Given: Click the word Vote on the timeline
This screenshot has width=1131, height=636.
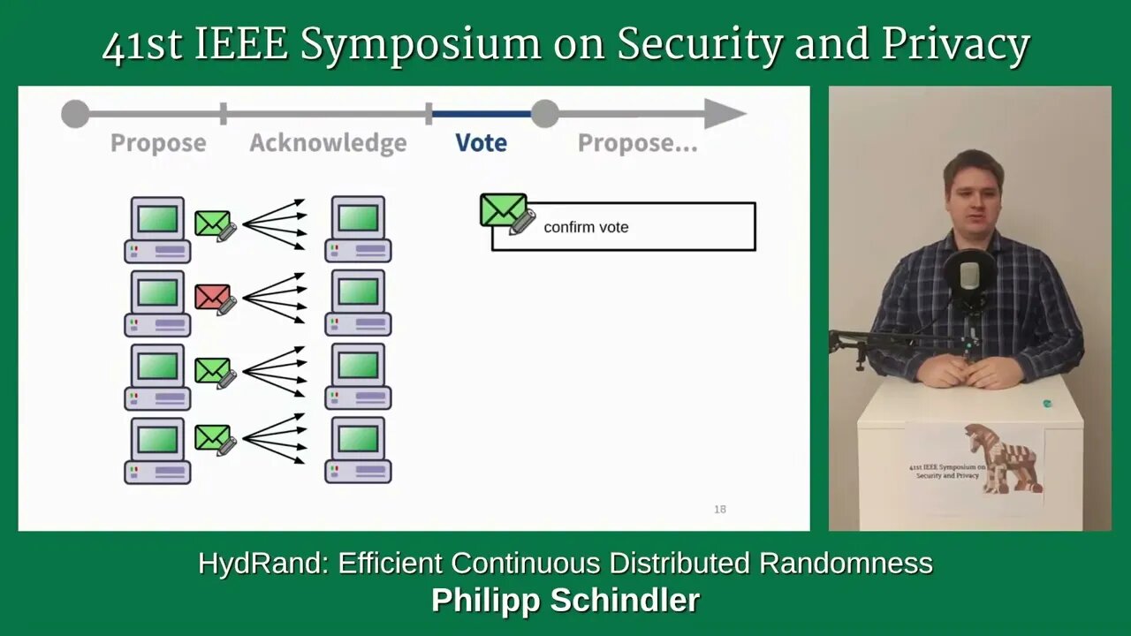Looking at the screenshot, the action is pyautogui.click(x=482, y=143).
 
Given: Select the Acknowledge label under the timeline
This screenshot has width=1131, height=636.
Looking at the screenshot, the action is pyautogui.click(x=328, y=143).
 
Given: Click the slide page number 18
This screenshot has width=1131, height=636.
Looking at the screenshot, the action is pyautogui.click(x=720, y=510).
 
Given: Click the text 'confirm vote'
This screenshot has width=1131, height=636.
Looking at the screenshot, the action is pyautogui.click(x=586, y=227).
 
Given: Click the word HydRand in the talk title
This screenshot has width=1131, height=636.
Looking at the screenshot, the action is pyautogui.click(x=262, y=563).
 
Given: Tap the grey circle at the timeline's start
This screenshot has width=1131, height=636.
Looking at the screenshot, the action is pyautogui.click(x=75, y=114).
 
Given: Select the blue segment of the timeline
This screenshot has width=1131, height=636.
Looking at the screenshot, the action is pyautogui.click(x=482, y=114).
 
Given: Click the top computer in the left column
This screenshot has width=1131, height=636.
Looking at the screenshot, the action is pyautogui.click(x=157, y=230).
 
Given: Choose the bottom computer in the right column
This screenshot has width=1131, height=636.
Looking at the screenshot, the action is pyautogui.click(x=358, y=450).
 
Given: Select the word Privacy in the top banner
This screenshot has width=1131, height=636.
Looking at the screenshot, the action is pyautogui.click(x=956, y=45).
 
